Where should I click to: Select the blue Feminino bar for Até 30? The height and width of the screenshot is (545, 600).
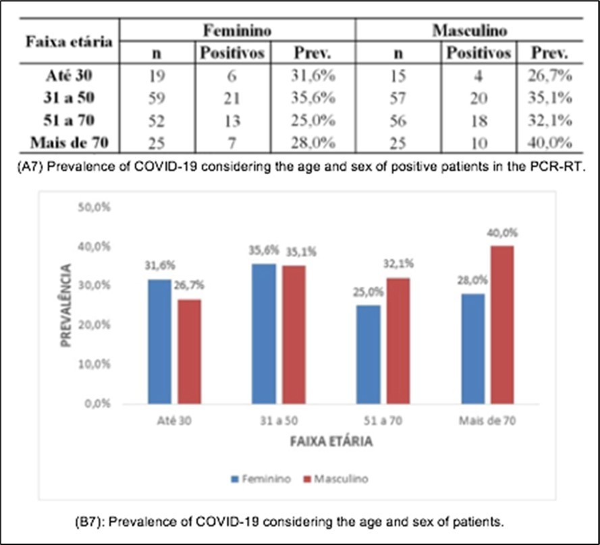click(x=159, y=341)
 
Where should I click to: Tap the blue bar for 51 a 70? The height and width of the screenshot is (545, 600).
click(x=368, y=354)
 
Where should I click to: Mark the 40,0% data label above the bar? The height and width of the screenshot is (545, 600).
click(x=503, y=233)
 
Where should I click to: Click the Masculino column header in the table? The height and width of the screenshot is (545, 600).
click(x=470, y=31)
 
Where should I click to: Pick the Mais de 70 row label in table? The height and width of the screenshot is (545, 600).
click(x=68, y=143)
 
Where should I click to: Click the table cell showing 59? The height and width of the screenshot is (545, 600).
click(x=157, y=98)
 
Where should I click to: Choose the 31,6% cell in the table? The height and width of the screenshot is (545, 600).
click(x=312, y=75)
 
